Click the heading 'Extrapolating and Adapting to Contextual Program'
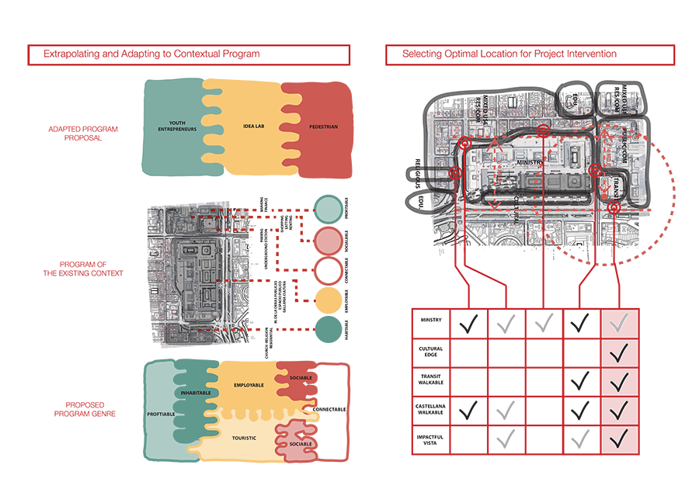coord(151,54)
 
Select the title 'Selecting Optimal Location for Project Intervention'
coord(509,54)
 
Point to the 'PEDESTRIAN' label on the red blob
coord(323,125)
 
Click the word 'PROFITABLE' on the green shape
coord(161,414)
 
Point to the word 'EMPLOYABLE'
coord(249,385)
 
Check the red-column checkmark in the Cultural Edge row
coord(619,354)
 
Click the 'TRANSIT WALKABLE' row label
coord(431,380)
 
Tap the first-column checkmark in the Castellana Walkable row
coord(468,407)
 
